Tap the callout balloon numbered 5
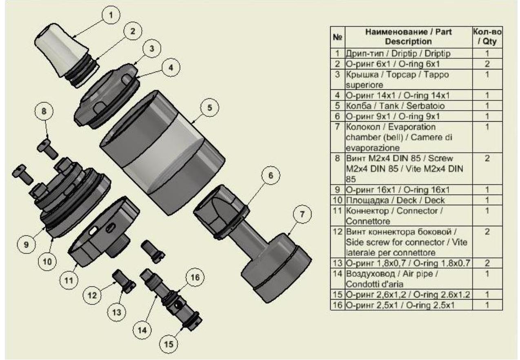tap(209, 108)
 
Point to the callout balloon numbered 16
tap(194, 278)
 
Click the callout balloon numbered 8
tap(45, 111)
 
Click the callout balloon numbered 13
tap(117, 312)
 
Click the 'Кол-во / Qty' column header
tap(487, 36)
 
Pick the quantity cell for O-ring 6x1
tap(487, 64)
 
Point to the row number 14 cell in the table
tap(337, 274)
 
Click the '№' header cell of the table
tap(337, 36)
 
